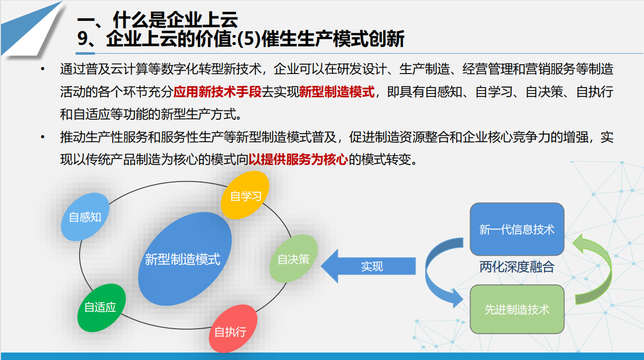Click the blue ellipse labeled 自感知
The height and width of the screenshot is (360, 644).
coord(85,217)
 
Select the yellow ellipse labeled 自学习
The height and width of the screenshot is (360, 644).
coord(245,195)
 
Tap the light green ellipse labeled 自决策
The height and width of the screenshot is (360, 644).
coord(293,259)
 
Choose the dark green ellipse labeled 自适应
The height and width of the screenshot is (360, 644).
coord(101,307)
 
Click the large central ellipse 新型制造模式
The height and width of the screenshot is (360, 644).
coord(183,259)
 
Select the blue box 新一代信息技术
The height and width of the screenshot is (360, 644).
coord(517,229)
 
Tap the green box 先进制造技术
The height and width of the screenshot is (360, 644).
coord(517,309)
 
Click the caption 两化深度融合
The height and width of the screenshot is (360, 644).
coord(517,267)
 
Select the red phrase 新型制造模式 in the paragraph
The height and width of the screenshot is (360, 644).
coord(336,92)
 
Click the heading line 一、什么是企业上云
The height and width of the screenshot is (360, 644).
coord(158,20)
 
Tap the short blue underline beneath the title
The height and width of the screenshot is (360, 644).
coord(86,52)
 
